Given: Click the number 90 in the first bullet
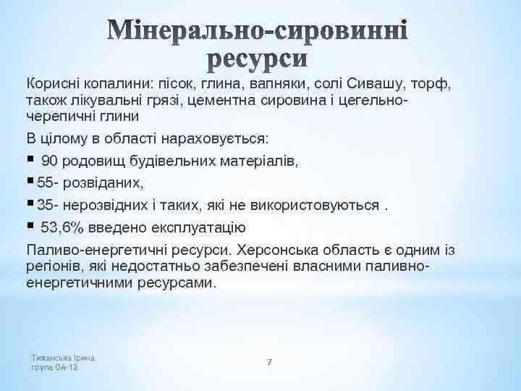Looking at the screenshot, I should (x=50, y=161).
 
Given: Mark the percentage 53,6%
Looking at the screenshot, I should (x=63, y=228).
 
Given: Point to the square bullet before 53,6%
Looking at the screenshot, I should (x=30, y=227).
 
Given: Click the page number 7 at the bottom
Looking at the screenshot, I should (x=269, y=361).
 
